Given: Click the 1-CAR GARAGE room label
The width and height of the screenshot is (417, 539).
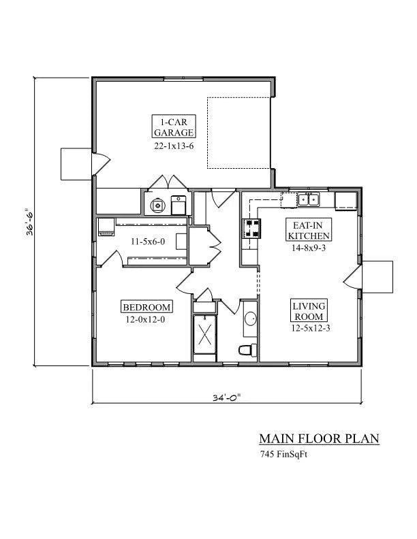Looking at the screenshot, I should point(174,127).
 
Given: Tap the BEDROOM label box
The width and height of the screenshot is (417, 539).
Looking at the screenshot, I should point(146,306).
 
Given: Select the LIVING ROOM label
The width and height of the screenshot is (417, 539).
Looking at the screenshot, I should point(309,312).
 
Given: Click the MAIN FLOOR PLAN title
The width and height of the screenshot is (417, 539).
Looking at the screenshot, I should point(319,439).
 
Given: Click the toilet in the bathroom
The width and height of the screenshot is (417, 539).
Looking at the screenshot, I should point(248,350).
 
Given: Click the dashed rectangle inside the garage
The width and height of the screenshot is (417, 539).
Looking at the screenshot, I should point(239,133).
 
